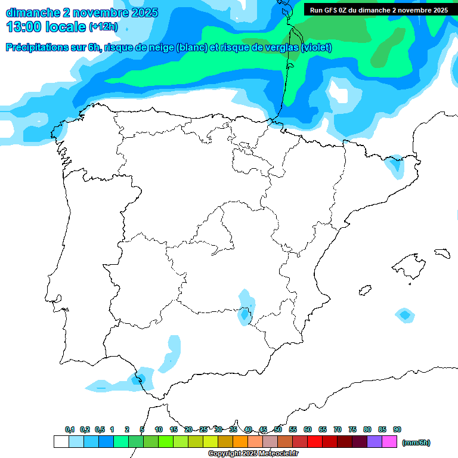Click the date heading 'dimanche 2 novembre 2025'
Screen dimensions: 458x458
82,13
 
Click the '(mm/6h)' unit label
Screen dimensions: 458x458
416,442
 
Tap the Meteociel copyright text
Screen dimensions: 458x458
253,454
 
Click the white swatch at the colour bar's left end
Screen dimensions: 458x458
61,442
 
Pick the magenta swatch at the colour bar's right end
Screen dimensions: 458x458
389,442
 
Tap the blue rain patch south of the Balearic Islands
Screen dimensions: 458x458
405,315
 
